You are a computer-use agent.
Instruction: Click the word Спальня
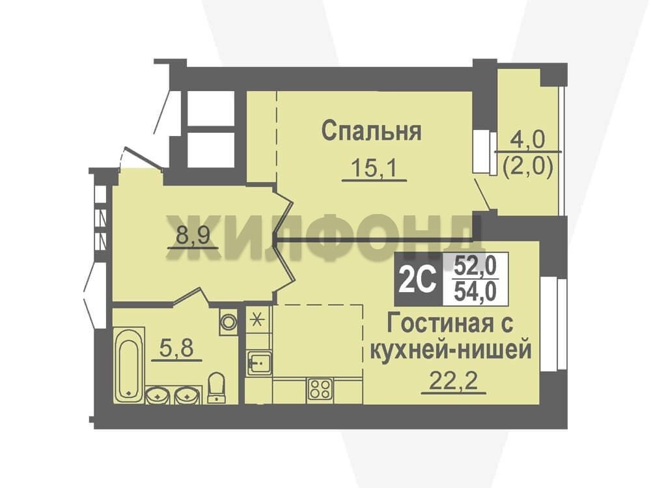coord(371,131)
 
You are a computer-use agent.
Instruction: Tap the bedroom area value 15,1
coord(374,168)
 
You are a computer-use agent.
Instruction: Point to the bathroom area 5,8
coord(176,347)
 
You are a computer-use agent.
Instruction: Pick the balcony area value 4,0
coord(527,141)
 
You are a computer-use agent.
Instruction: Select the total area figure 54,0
coord(475,291)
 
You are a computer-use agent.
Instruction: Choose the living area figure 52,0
coord(475,265)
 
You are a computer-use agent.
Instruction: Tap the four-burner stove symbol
coord(320,390)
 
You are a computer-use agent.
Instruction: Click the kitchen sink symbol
coord(258,363)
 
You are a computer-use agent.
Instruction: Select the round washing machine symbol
coord(229,321)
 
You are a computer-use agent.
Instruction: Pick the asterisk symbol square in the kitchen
coord(258,320)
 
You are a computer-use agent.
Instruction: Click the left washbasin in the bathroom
coord(158,396)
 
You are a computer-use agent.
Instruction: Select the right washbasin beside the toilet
coord(187,396)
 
